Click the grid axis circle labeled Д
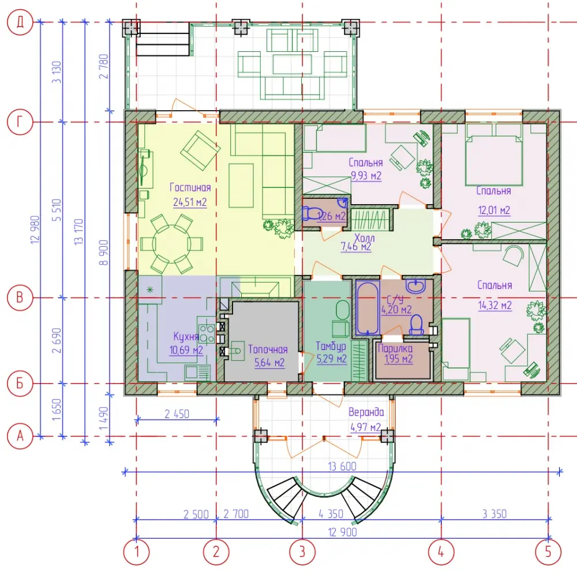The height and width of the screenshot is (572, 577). tap(20, 22)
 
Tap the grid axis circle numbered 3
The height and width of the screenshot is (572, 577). tap(302, 552)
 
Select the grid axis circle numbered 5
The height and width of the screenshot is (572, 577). tap(548, 552)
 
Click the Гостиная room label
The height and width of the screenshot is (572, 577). tap(190, 187)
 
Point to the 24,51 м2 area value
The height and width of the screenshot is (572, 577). tap(190, 202)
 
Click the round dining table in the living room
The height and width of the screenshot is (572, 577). tap(171, 244)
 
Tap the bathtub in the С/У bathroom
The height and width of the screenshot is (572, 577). tap(367, 307)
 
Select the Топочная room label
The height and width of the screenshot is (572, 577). tap(268, 349)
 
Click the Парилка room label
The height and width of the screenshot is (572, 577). tap(395, 348)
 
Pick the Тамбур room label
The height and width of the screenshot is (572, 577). tap(331, 346)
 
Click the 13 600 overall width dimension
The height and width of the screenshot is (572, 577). tap(342, 466)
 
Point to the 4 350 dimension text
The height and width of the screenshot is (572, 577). tap(331, 514)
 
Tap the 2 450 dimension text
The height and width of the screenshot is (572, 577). tap(177, 414)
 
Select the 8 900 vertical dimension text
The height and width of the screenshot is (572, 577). tap(104, 253)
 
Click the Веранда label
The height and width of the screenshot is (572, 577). tap(366, 412)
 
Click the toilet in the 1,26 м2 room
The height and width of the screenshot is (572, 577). tap(309, 213)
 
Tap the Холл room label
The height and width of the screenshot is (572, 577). tap(364, 238)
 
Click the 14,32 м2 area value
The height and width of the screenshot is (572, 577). tap(494, 305)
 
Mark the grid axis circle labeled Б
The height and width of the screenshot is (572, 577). tap(20, 383)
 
